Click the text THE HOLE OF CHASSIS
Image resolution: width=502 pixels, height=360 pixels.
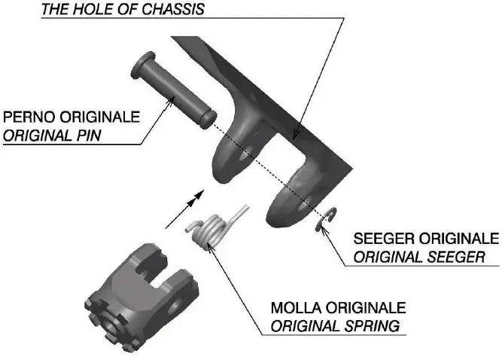[123, 11]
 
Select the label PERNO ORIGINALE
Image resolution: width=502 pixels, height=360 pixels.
[71, 118]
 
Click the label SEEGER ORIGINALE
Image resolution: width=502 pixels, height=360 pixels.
[426, 239]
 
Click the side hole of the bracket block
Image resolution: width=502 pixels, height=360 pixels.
[178, 305]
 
